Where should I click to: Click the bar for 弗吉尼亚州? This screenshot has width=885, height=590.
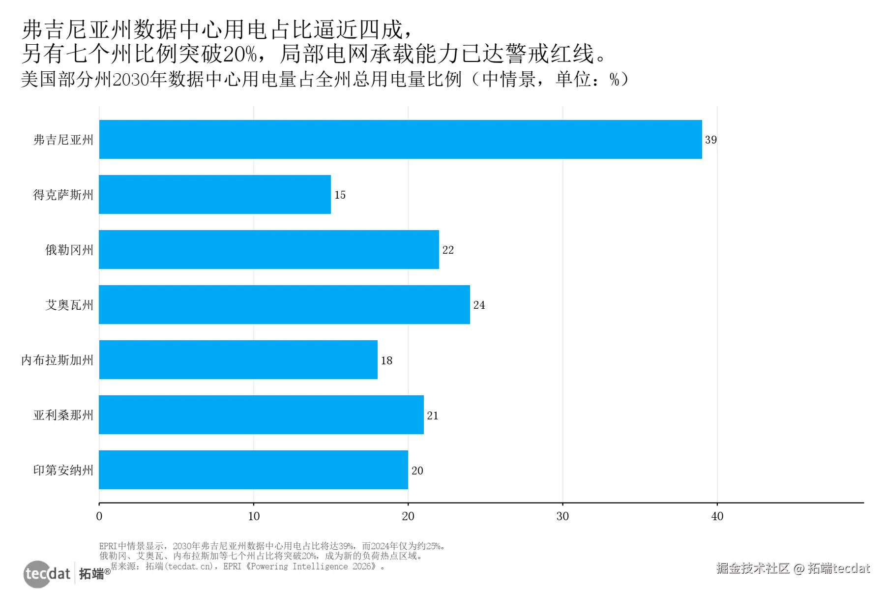(400, 139)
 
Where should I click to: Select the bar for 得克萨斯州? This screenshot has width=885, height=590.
(215, 194)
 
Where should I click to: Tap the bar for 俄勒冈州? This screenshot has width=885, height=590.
(269, 249)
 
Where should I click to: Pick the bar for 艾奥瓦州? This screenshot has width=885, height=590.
(284, 304)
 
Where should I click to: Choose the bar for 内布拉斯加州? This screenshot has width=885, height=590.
(238, 359)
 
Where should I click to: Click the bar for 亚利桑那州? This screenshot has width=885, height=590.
(261, 414)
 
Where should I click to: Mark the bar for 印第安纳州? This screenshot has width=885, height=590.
(253, 470)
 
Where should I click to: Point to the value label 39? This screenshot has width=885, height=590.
(711, 140)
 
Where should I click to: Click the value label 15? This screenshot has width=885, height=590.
(340, 195)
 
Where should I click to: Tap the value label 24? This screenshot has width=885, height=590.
(479, 305)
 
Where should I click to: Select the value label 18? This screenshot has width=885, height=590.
(386, 360)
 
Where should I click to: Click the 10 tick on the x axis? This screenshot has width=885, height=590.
(254, 516)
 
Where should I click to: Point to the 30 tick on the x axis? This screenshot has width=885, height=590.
(562, 516)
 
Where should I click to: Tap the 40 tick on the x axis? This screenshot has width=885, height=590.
(717, 516)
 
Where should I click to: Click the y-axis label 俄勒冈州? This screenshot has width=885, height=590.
(69, 250)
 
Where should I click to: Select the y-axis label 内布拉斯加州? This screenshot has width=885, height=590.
(57, 360)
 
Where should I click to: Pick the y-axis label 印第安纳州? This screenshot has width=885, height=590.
(63, 470)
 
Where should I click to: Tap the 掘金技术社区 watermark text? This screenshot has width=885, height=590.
(752, 568)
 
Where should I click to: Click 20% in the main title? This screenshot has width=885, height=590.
(240, 54)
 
